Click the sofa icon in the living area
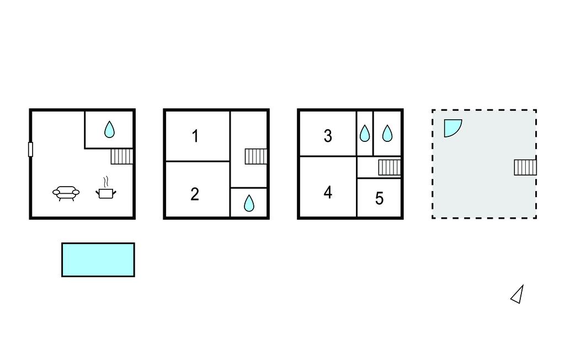66,193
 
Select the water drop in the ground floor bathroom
110,130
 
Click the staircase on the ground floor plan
122,157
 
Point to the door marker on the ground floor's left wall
31,149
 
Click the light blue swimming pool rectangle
98,260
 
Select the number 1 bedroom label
195,136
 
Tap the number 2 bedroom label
195,194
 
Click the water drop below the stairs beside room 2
249,203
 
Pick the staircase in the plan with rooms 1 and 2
256,157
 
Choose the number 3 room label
328,136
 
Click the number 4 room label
328,192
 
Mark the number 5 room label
379,198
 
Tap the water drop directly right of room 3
365,133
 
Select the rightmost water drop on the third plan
387,133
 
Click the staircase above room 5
390,167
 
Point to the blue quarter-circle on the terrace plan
451,127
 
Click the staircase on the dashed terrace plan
525,167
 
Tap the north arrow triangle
518,295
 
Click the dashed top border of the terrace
484,110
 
